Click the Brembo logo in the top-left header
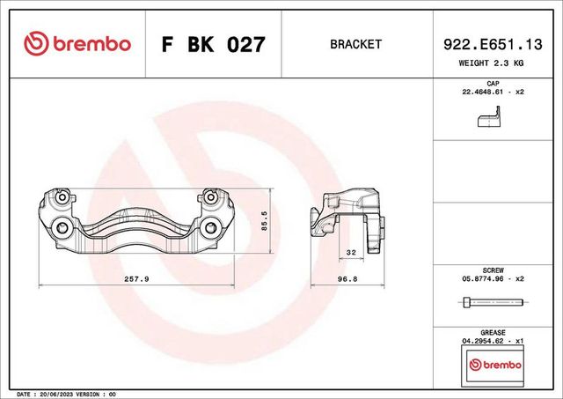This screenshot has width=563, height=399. point(78,43)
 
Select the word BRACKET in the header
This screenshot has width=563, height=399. point(355,44)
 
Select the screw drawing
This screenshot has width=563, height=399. point(492,303)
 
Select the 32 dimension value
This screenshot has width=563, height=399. point(351,252)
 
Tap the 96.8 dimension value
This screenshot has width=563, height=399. point(349,278)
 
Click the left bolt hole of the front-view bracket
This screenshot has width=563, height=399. point(62,230)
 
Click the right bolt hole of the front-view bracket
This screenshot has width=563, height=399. point(210,230)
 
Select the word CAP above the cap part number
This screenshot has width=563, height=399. point(493,83)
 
